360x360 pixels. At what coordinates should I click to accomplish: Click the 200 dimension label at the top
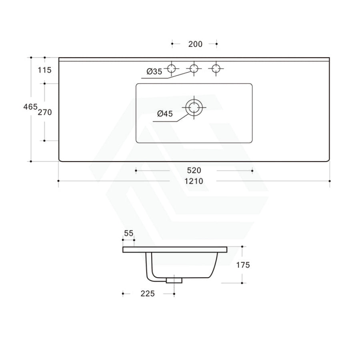pos(195,44)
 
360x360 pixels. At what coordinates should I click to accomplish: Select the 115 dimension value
pos(45,70)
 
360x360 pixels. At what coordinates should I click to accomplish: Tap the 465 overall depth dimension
pos(30,107)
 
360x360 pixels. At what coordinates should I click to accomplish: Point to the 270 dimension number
pos(45,112)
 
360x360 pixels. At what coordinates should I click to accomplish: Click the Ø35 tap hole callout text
pos(154,72)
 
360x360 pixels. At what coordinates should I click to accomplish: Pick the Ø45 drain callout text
pos(165,114)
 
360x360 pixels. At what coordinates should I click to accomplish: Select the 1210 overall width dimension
pos(194,181)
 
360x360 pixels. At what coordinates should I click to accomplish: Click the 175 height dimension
pos(243,265)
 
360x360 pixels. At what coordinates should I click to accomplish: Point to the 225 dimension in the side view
pos(148,294)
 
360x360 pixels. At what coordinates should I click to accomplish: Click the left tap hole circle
pos(172,68)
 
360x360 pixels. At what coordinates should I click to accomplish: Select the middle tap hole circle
pos(194,68)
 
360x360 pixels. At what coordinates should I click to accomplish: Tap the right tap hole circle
pos(216,68)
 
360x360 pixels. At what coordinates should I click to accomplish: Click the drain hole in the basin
pos(194,107)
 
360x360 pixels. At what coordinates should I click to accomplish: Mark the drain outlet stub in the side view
pos(174,280)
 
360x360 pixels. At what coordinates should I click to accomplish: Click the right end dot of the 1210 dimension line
pos(330,181)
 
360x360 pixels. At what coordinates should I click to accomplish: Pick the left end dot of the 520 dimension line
pos(136,171)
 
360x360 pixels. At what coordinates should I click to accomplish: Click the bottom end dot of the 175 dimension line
pos(242,283)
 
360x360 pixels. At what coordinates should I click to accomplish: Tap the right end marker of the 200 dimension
pos(216,44)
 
